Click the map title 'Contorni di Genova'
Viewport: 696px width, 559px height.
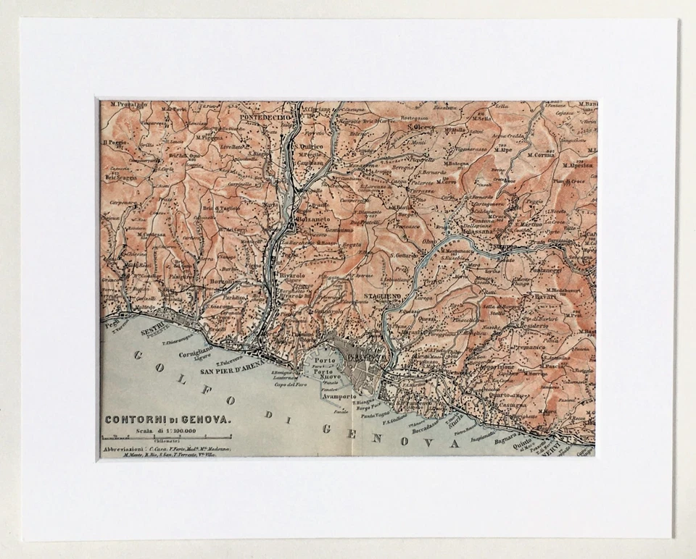168,419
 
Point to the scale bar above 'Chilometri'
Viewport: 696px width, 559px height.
166,437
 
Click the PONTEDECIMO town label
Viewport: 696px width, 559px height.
265,117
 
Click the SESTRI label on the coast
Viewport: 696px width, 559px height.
154,325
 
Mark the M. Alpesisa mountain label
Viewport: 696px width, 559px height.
579,164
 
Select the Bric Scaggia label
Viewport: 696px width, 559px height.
120,177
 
